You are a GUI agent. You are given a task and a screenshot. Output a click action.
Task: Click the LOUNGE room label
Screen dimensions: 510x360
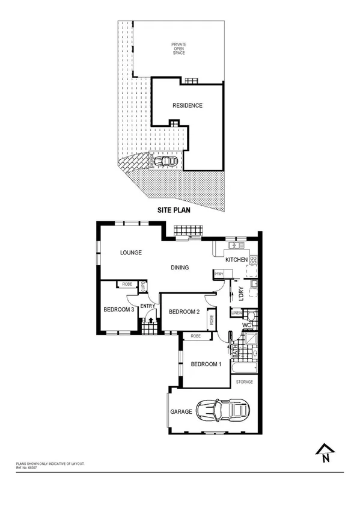(x=130, y=253)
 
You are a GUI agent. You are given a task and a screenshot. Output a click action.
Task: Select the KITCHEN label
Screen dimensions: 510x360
(x=236, y=260)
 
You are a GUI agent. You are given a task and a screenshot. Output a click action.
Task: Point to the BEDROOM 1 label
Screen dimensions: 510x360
(x=206, y=364)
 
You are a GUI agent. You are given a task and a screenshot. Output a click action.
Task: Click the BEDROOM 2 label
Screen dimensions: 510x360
(x=184, y=312)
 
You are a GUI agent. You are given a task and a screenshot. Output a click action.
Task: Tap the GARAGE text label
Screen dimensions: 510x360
(x=180, y=412)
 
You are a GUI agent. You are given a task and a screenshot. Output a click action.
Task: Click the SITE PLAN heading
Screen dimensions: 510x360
(x=172, y=211)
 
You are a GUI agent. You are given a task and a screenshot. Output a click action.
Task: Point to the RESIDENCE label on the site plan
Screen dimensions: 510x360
(x=188, y=105)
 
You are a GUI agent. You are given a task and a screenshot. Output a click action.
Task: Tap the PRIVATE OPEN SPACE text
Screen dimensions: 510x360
(x=178, y=49)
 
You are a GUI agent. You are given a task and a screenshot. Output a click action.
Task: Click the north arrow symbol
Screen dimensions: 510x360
(x=325, y=453)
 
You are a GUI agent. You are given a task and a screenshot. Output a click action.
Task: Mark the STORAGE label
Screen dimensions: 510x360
(x=244, y=382)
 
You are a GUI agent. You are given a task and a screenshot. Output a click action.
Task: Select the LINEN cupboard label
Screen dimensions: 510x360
(x=237, y=312)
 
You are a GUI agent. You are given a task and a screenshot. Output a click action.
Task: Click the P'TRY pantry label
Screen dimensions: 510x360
(x=219, y=274)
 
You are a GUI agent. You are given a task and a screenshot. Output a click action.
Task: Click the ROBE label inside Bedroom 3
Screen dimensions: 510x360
(x=127, y=284)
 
